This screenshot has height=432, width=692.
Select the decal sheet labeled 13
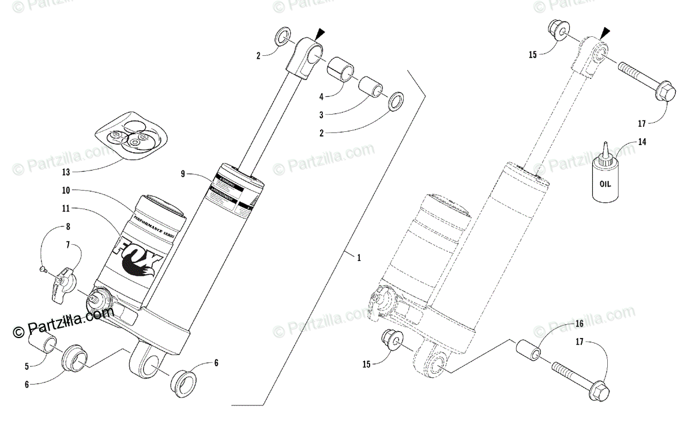point(134,137)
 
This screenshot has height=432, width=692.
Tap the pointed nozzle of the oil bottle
point(605,149)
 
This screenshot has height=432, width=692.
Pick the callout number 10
point(66,190)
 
